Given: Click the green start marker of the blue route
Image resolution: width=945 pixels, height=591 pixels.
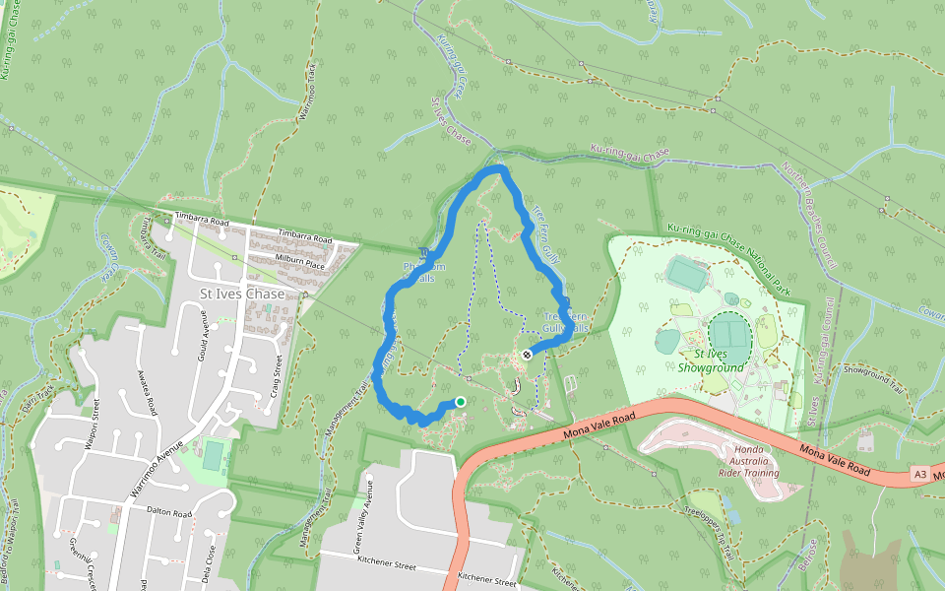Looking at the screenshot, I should click(460, 402).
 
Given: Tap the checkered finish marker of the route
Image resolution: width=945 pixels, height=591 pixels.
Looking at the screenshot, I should click(528, 355).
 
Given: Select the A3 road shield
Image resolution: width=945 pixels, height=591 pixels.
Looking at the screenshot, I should click(919, 474).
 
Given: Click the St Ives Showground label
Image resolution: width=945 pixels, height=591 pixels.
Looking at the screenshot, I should click(710, 361).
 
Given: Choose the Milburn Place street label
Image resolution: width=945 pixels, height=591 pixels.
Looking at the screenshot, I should click(300, 264).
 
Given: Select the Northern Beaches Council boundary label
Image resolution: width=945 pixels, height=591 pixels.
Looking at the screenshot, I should click(809, 216).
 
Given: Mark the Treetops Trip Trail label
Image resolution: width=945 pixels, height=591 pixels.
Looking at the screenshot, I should click(709, 529).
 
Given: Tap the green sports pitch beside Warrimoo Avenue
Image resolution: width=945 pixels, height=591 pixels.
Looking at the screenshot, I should click(213, 455).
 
